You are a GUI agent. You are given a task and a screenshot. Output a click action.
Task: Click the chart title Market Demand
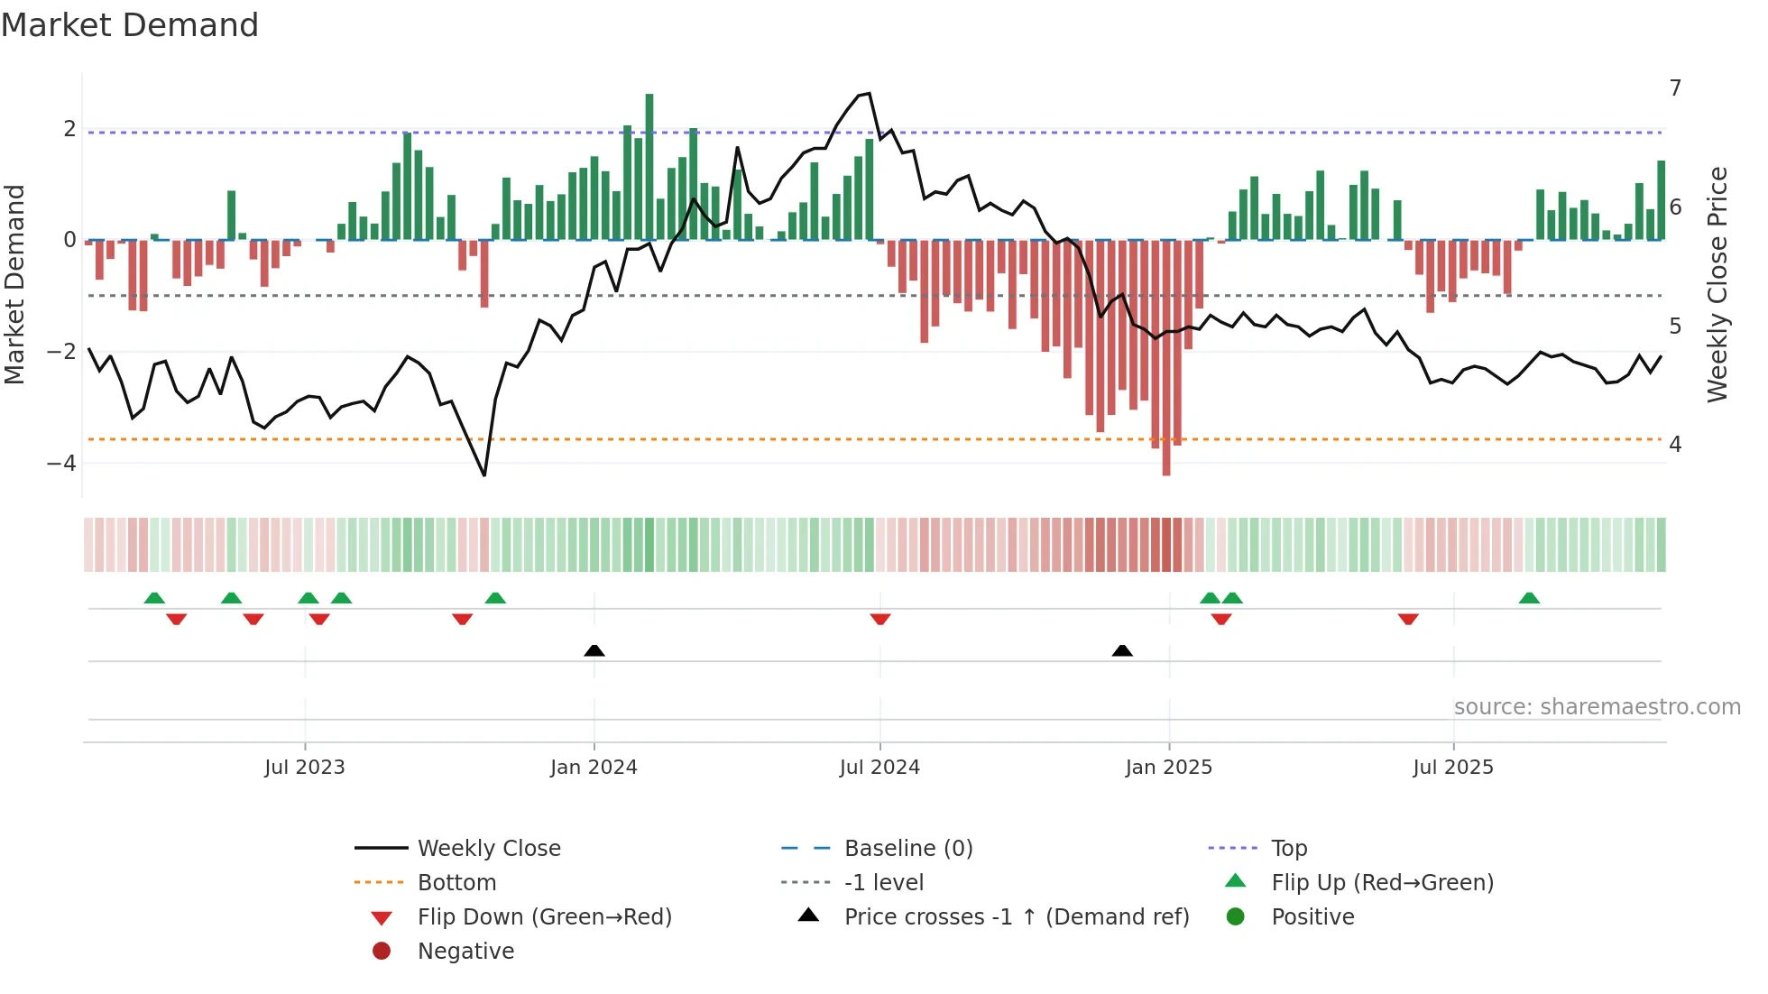130,25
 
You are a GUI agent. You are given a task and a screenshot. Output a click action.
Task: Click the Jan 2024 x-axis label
594,768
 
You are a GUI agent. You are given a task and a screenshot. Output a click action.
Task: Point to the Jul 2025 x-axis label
1453,768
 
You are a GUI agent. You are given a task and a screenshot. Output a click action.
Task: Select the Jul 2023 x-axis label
305,768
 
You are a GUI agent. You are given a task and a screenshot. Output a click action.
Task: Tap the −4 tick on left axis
62,464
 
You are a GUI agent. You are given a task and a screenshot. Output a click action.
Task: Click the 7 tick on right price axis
1675,88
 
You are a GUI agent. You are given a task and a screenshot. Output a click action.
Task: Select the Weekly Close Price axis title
1717,284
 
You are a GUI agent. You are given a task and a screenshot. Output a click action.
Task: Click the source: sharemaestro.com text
1597,707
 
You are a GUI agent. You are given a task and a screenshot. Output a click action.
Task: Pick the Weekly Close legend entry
488,849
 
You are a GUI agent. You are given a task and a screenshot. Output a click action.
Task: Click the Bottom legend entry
456,883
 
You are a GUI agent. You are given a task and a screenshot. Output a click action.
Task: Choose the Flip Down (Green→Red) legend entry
544,917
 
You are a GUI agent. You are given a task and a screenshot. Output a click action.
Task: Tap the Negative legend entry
465,952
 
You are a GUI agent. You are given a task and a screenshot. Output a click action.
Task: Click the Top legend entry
1289,849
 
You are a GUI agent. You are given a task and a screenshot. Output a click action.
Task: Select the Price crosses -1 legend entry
1016,917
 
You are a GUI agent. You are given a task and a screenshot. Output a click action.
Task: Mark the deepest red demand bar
1166,361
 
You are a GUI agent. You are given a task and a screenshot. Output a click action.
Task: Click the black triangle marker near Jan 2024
594,650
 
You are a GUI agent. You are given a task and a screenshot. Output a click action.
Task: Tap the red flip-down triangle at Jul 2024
880,619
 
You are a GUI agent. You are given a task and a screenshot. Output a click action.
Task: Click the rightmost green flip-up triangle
1529,598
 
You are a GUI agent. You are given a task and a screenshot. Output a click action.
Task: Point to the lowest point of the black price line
484,475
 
